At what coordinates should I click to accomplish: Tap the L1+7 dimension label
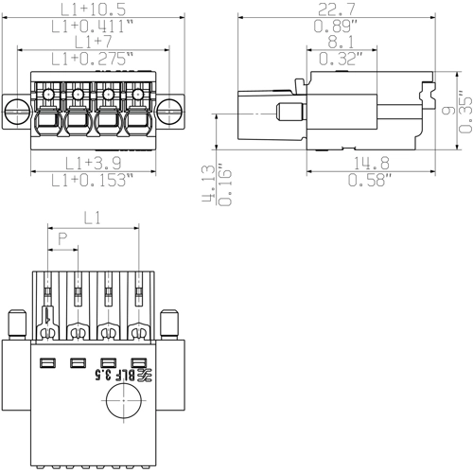coord(92,44)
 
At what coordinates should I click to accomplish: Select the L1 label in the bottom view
coord(92,218)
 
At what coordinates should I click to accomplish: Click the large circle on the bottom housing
coord(121,408)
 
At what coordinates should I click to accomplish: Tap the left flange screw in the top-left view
coord(17,110)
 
